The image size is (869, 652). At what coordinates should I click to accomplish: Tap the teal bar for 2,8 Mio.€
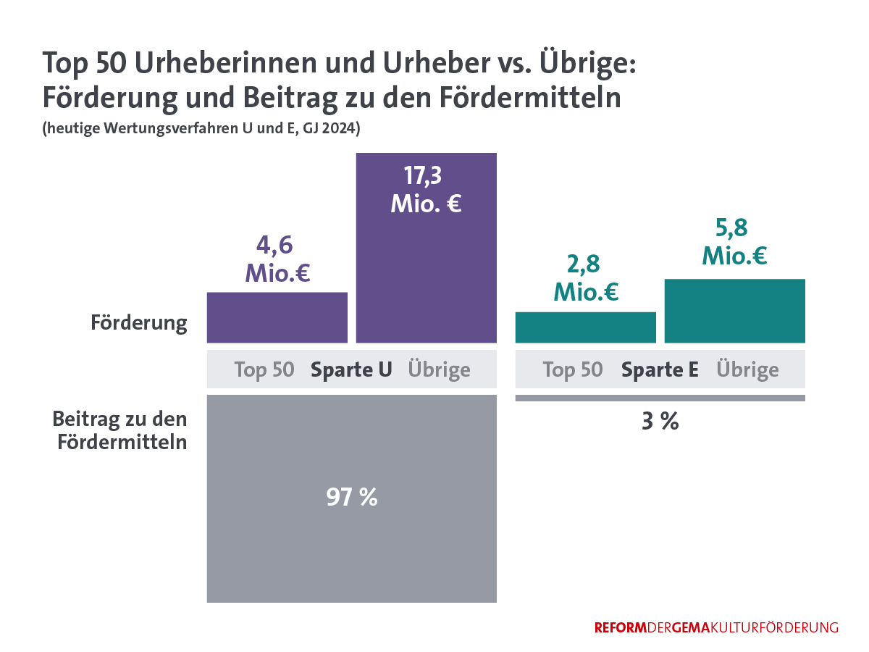[585, 327]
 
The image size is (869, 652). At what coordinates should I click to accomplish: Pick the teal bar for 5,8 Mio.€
[734, 311]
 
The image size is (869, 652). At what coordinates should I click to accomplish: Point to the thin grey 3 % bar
[660, 398]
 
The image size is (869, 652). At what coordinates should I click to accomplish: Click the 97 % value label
[352, 497]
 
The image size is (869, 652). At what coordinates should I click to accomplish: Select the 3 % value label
[660, 422]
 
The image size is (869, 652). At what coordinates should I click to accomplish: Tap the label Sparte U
[351, 369]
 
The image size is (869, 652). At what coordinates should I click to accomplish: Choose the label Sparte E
[660, 369]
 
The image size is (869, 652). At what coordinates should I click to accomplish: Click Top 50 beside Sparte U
[264, 369]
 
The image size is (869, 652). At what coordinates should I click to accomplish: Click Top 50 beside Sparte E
[573, 369]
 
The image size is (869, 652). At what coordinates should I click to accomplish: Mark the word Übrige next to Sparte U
[439, 369]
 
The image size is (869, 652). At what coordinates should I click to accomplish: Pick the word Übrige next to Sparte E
[747, 369]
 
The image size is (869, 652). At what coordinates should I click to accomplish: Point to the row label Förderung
[139, 322]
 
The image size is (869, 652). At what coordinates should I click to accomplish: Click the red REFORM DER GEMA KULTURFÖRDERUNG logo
[716, 627]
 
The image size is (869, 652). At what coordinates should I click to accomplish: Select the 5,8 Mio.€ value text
[734, 241]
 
